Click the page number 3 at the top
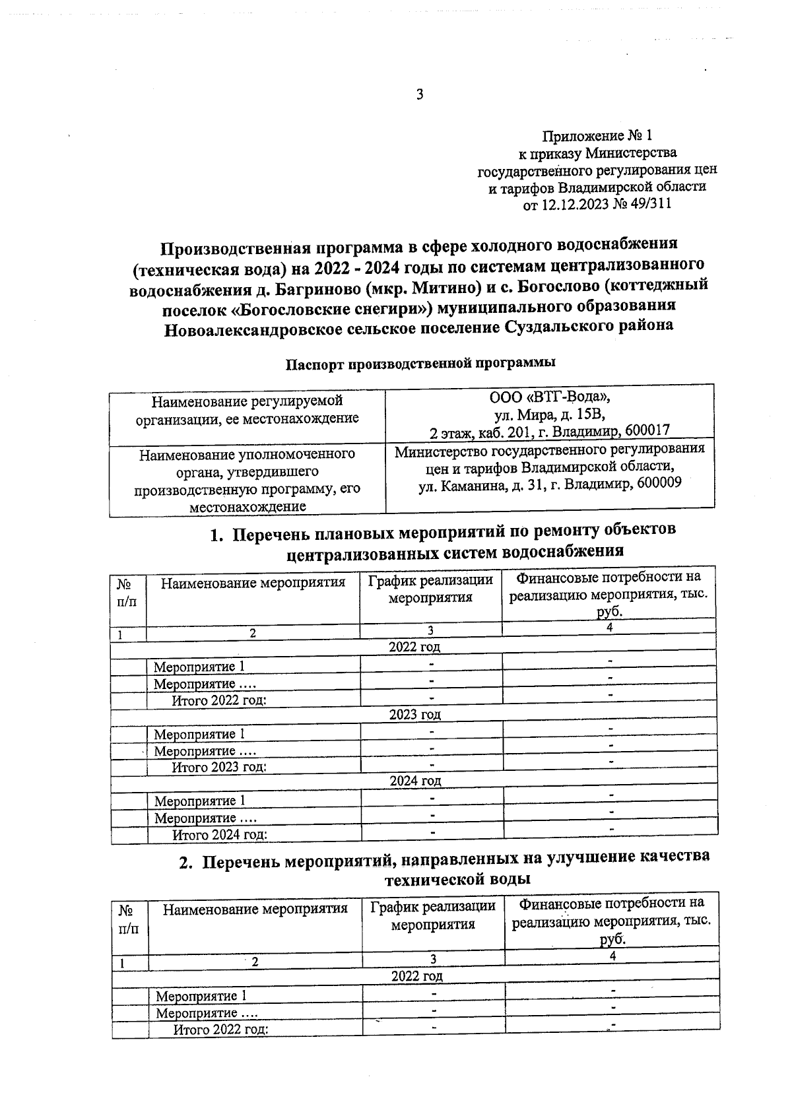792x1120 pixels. pyautogui.click(x=419, y=94)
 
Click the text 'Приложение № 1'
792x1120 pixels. pyautogui.click(x=596, y=137)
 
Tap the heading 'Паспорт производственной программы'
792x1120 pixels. pyautogui.click(x=420, y=362)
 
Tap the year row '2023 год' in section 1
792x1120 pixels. pyautogui.click(x=414, y=714)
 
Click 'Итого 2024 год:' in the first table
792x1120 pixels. pyautogui.click(x=220, y=835)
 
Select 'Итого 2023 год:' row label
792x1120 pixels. pyautogui.click(x=219, y=768)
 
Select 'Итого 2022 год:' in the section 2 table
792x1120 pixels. pyautogui.click(x=220, y=1030)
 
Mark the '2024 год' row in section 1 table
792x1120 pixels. pyautogui.click(x=415, y=781)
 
